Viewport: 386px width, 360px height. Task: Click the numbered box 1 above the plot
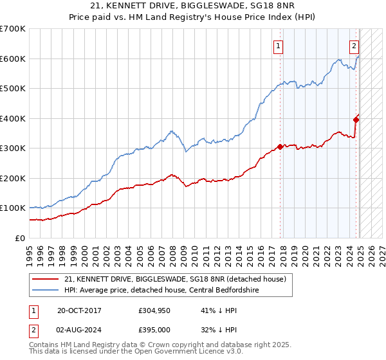(279, 46)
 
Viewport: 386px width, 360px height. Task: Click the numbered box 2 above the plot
(354, 46)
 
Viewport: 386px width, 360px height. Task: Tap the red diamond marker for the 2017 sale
(280, 147)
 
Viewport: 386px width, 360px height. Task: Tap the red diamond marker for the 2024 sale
(356, 119)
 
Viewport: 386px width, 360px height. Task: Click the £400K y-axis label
(13, 118)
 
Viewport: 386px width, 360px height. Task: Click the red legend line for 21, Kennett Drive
(46, 278)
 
